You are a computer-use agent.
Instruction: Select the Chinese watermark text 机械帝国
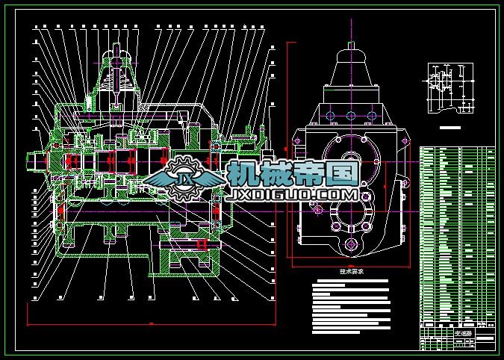[293, 174]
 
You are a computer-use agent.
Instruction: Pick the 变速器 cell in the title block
[464, 333]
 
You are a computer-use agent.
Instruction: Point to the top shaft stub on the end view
[350, 56]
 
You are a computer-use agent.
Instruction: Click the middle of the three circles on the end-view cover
[350, 115]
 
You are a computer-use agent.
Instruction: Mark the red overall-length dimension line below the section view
[149, 325]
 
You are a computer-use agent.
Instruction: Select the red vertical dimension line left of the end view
[288, 149]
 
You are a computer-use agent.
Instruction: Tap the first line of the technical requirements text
[349, 282]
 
